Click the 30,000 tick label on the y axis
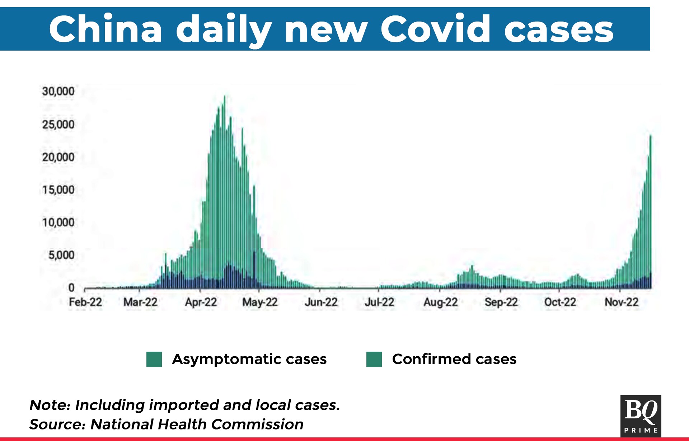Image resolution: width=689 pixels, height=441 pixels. point(58,91)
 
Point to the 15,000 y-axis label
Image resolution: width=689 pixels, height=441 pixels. point(58,190)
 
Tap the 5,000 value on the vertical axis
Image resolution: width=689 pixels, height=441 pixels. point(61,255)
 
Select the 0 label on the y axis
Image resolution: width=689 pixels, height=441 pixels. point(71,288)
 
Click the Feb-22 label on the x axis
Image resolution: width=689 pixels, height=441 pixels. point(85,302)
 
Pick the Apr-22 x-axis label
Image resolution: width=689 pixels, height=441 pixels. point(201,302)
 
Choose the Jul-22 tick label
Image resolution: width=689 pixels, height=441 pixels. point(379,302)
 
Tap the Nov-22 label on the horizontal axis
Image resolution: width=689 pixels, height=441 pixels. point(622,302)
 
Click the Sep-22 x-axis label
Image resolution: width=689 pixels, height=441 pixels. point(501,302)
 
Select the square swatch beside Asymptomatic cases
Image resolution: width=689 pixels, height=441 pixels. point(154,359)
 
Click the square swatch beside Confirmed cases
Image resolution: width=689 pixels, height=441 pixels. point(374,359)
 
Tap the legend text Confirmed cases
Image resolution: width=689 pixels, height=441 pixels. point(454,359)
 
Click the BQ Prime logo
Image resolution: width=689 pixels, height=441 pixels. point(641,416)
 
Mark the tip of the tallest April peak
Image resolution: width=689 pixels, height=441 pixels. point(225,96)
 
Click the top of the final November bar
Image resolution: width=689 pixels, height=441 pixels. point(651,135)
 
